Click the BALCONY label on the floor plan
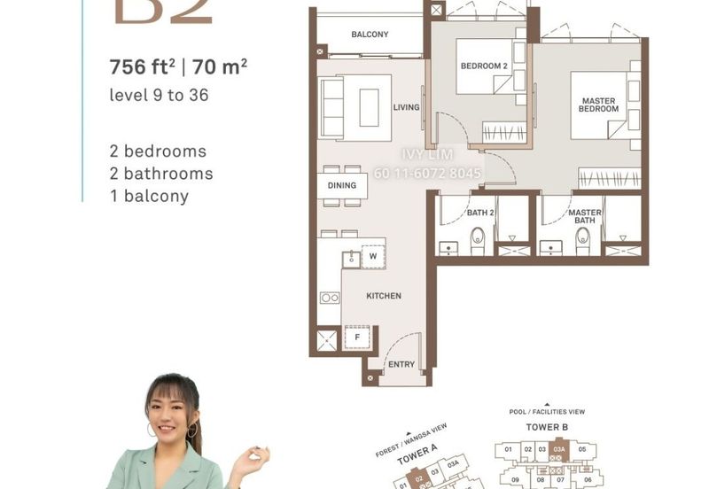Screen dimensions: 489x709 (x=370, y=35)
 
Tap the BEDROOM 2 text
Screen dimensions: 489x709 (x=483, y=66)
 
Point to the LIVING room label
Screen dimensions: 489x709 (x=406, y=107)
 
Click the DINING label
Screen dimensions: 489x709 (x=341, y=185)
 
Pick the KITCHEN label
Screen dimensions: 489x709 (x=384, y=296)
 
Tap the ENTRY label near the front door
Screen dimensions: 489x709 (x=401, y=364)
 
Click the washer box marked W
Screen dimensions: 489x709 (x=373, y=258)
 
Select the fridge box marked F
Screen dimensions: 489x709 (x=357, y=337)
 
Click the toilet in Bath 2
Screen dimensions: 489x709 (x=478, y=237)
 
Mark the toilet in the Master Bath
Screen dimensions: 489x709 (x=582, y=237)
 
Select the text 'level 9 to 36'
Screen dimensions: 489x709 (x=159, y=95)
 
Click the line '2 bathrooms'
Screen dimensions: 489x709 (x=160, y=174)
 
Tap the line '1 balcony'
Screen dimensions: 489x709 (x=149, y=197)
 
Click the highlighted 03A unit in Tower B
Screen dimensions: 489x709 (x=558, y=450)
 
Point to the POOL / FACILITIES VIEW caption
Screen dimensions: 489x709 (x=546, y=412)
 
